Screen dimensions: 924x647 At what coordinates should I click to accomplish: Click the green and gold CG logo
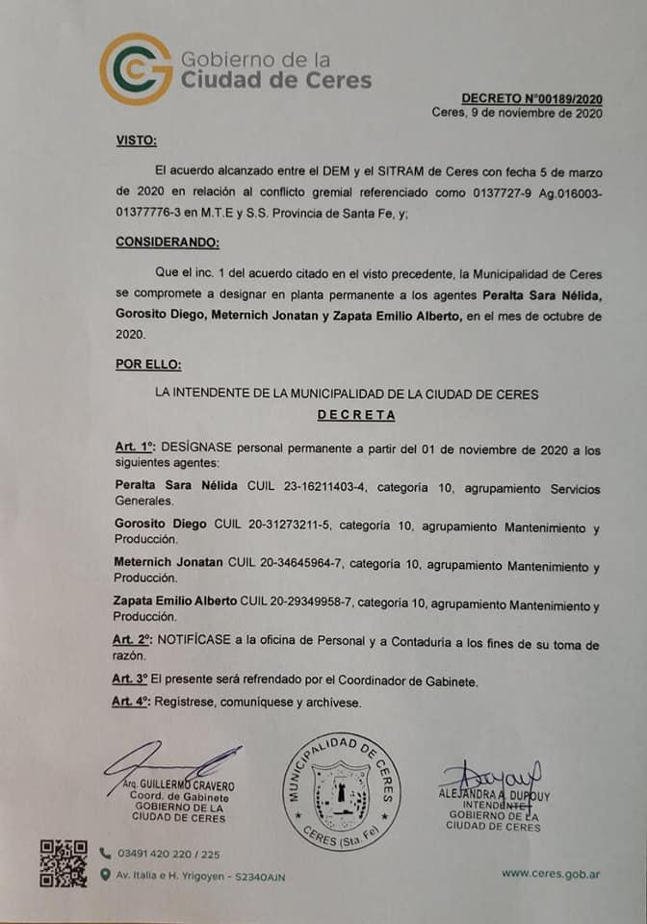pos(136,68)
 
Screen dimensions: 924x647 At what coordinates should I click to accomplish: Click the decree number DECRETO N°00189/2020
pos(531,98)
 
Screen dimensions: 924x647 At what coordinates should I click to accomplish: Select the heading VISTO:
pos(136,141)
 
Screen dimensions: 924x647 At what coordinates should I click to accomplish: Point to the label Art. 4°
pos(134,703)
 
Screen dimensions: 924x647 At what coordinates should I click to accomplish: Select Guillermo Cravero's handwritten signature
pos(173,761)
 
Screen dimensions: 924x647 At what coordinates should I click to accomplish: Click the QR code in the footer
pos(64,863)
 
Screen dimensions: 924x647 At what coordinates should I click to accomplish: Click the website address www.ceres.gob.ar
pos(552,874)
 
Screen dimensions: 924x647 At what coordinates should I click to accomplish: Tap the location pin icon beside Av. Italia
pos(105,875)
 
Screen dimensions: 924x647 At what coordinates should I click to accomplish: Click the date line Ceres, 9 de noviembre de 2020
pos(517,114)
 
